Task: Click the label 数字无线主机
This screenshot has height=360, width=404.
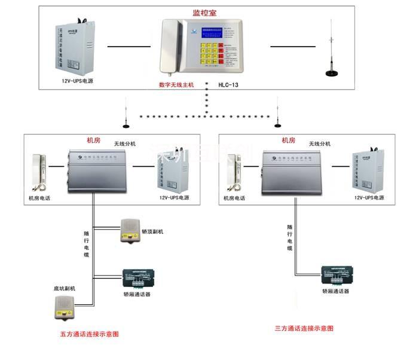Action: click(176, 86)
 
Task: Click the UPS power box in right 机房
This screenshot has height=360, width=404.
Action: click(365, 168)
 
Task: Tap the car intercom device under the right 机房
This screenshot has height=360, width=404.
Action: click(335, 274)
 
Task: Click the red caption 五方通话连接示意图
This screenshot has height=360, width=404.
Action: click(90, 334)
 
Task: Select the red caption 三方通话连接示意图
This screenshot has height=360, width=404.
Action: click(304, 328)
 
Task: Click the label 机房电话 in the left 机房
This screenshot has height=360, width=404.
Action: click(39, 197)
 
